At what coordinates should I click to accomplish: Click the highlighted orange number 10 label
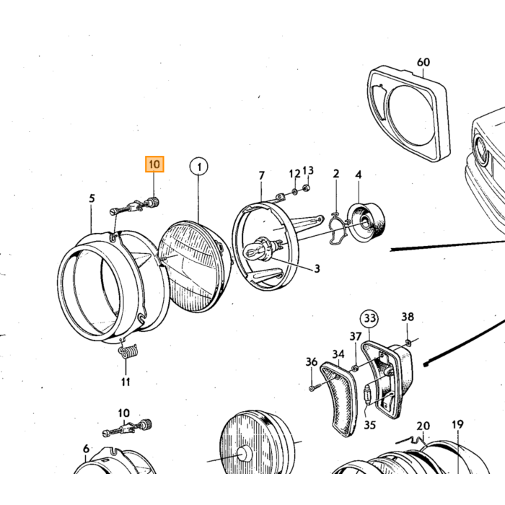154,164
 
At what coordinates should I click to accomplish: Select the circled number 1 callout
199,167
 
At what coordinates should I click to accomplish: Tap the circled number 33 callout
369,318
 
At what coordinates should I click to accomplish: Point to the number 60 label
423,62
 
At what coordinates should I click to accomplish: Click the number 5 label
92,198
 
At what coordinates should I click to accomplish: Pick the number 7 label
261,175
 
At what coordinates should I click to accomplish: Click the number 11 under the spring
126,382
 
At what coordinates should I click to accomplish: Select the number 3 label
317,268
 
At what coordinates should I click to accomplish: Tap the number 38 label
408,317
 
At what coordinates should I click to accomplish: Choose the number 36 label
312,362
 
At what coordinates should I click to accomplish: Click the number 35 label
369,425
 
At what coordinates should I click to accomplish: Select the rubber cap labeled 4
366,222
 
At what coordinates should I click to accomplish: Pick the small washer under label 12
294,193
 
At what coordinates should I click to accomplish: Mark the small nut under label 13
307,187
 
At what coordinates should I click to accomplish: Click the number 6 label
86,448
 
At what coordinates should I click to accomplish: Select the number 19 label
457,424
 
